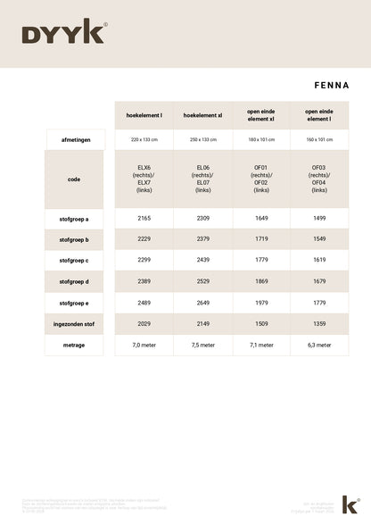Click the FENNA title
(x=331, y=86)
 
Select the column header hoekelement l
(x=144, y=115)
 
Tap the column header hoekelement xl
(x=202, y=115)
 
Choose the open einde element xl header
(x=260, y=115)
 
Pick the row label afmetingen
(x=74, y=140)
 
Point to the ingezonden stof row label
(x=74, y=323)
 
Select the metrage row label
(x=74, y=345)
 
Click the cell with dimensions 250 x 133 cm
(x=202, y=140)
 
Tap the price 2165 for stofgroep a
(x=144, y=218)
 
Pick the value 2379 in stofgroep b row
(x=202, y=239)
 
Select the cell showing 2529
(x=202, y=280)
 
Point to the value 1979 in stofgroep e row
(x=260, y=303)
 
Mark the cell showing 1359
(x=318, y=323)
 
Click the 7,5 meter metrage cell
(x=202, y=345)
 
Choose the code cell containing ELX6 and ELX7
(x=144, y=179)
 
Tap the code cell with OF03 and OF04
(x=318, y=179)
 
